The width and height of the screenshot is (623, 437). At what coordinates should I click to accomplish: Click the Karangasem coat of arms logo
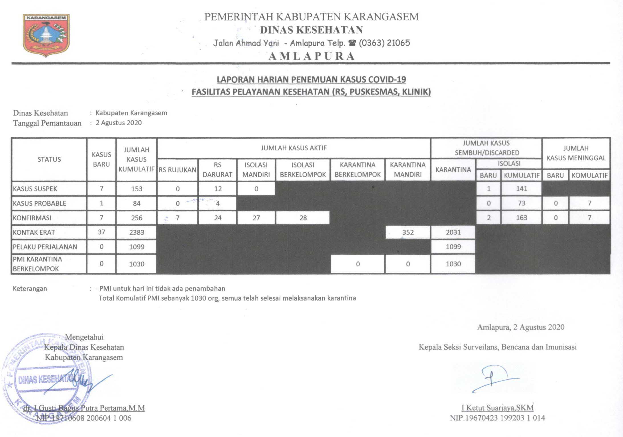click(x=46, y=35)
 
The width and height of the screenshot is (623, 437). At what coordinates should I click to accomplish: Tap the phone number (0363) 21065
click(x=384, y=43)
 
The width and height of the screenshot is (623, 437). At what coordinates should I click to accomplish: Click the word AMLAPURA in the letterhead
click(x=311, y=56)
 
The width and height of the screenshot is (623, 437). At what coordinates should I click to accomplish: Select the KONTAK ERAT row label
click(x=34, y=232)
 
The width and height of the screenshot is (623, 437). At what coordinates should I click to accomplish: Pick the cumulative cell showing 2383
click(x=137, y=232)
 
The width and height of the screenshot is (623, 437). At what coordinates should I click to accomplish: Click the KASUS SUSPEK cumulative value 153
click(x=137, y=189)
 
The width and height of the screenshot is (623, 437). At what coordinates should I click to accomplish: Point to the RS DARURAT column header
click(x=217, y=170)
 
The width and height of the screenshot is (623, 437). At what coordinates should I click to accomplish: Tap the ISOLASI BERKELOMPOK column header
click(x=303, y=170)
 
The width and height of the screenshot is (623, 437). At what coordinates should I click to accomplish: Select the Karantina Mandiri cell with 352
click(x=408, y=232)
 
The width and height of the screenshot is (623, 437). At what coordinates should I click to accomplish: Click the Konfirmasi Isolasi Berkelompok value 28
click(x=303, y=218)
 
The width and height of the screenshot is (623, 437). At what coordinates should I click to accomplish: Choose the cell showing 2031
click(x=453, y=232)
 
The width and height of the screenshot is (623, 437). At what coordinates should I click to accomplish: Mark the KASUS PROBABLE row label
click(x=39, y=203)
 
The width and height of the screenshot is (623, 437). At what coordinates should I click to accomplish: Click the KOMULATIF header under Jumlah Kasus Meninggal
click(x=589, y=175)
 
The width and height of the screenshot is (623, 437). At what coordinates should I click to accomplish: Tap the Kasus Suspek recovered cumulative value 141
click(x=521, y=189)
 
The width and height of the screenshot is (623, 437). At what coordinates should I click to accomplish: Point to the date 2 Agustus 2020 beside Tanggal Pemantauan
click(x=119, y=123)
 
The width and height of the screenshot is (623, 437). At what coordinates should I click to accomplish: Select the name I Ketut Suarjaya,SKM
click(x=497, y=408)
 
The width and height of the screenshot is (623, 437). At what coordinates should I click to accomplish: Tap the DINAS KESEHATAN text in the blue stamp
click(x=43, y=379)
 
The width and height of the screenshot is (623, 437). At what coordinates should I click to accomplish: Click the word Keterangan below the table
click(x=30, y=289)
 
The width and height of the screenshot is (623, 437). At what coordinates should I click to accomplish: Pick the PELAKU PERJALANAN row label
click(x=45, y=247)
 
